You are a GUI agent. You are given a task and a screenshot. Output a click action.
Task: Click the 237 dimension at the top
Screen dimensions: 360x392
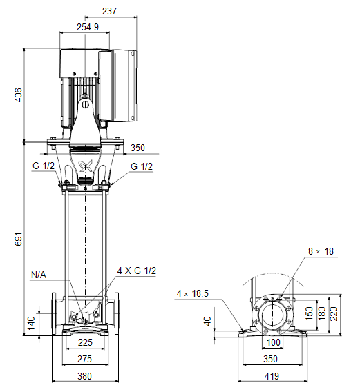click(109, 11)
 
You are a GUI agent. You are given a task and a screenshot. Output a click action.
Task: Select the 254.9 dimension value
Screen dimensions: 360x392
click(88, 27)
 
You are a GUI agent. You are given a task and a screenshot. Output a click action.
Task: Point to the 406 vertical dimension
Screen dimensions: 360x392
click(19, 95)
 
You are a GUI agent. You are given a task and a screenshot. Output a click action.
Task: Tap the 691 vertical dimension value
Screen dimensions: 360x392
click(19, 239)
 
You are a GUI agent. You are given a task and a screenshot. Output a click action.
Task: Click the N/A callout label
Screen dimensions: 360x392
click(39, 275)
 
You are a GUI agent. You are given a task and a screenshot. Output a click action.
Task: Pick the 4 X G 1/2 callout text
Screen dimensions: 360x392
click(137, 271)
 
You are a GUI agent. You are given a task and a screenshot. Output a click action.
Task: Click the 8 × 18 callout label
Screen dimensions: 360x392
click(321, 251)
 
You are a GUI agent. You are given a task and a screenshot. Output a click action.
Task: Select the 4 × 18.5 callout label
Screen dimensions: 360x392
click(193, 293)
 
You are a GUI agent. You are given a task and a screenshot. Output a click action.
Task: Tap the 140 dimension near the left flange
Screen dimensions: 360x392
click(31, 323)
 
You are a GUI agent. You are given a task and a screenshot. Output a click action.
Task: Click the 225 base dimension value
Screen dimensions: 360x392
click(85, 342)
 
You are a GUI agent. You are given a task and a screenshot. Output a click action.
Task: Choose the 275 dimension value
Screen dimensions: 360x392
click(84, 359)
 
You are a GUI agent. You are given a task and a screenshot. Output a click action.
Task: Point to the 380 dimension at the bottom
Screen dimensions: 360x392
click(84, 376)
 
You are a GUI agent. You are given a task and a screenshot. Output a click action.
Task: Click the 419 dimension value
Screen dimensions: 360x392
click(272, 376)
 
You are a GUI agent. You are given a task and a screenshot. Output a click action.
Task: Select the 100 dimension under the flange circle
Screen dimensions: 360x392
click(274, 342)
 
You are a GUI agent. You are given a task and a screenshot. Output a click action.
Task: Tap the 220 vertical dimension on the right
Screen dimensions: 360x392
click(334, 314)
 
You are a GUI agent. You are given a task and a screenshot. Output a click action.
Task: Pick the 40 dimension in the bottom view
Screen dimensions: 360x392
click(207, 321)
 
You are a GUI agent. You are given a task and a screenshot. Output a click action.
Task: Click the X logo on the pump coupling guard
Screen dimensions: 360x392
click(86, 166)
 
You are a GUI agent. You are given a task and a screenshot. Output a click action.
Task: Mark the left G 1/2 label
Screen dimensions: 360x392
click(44, 166)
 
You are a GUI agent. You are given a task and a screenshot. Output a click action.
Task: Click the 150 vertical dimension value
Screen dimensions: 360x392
click(309, 313)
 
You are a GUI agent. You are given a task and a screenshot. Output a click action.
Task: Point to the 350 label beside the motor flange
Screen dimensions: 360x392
click(138, 148)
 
